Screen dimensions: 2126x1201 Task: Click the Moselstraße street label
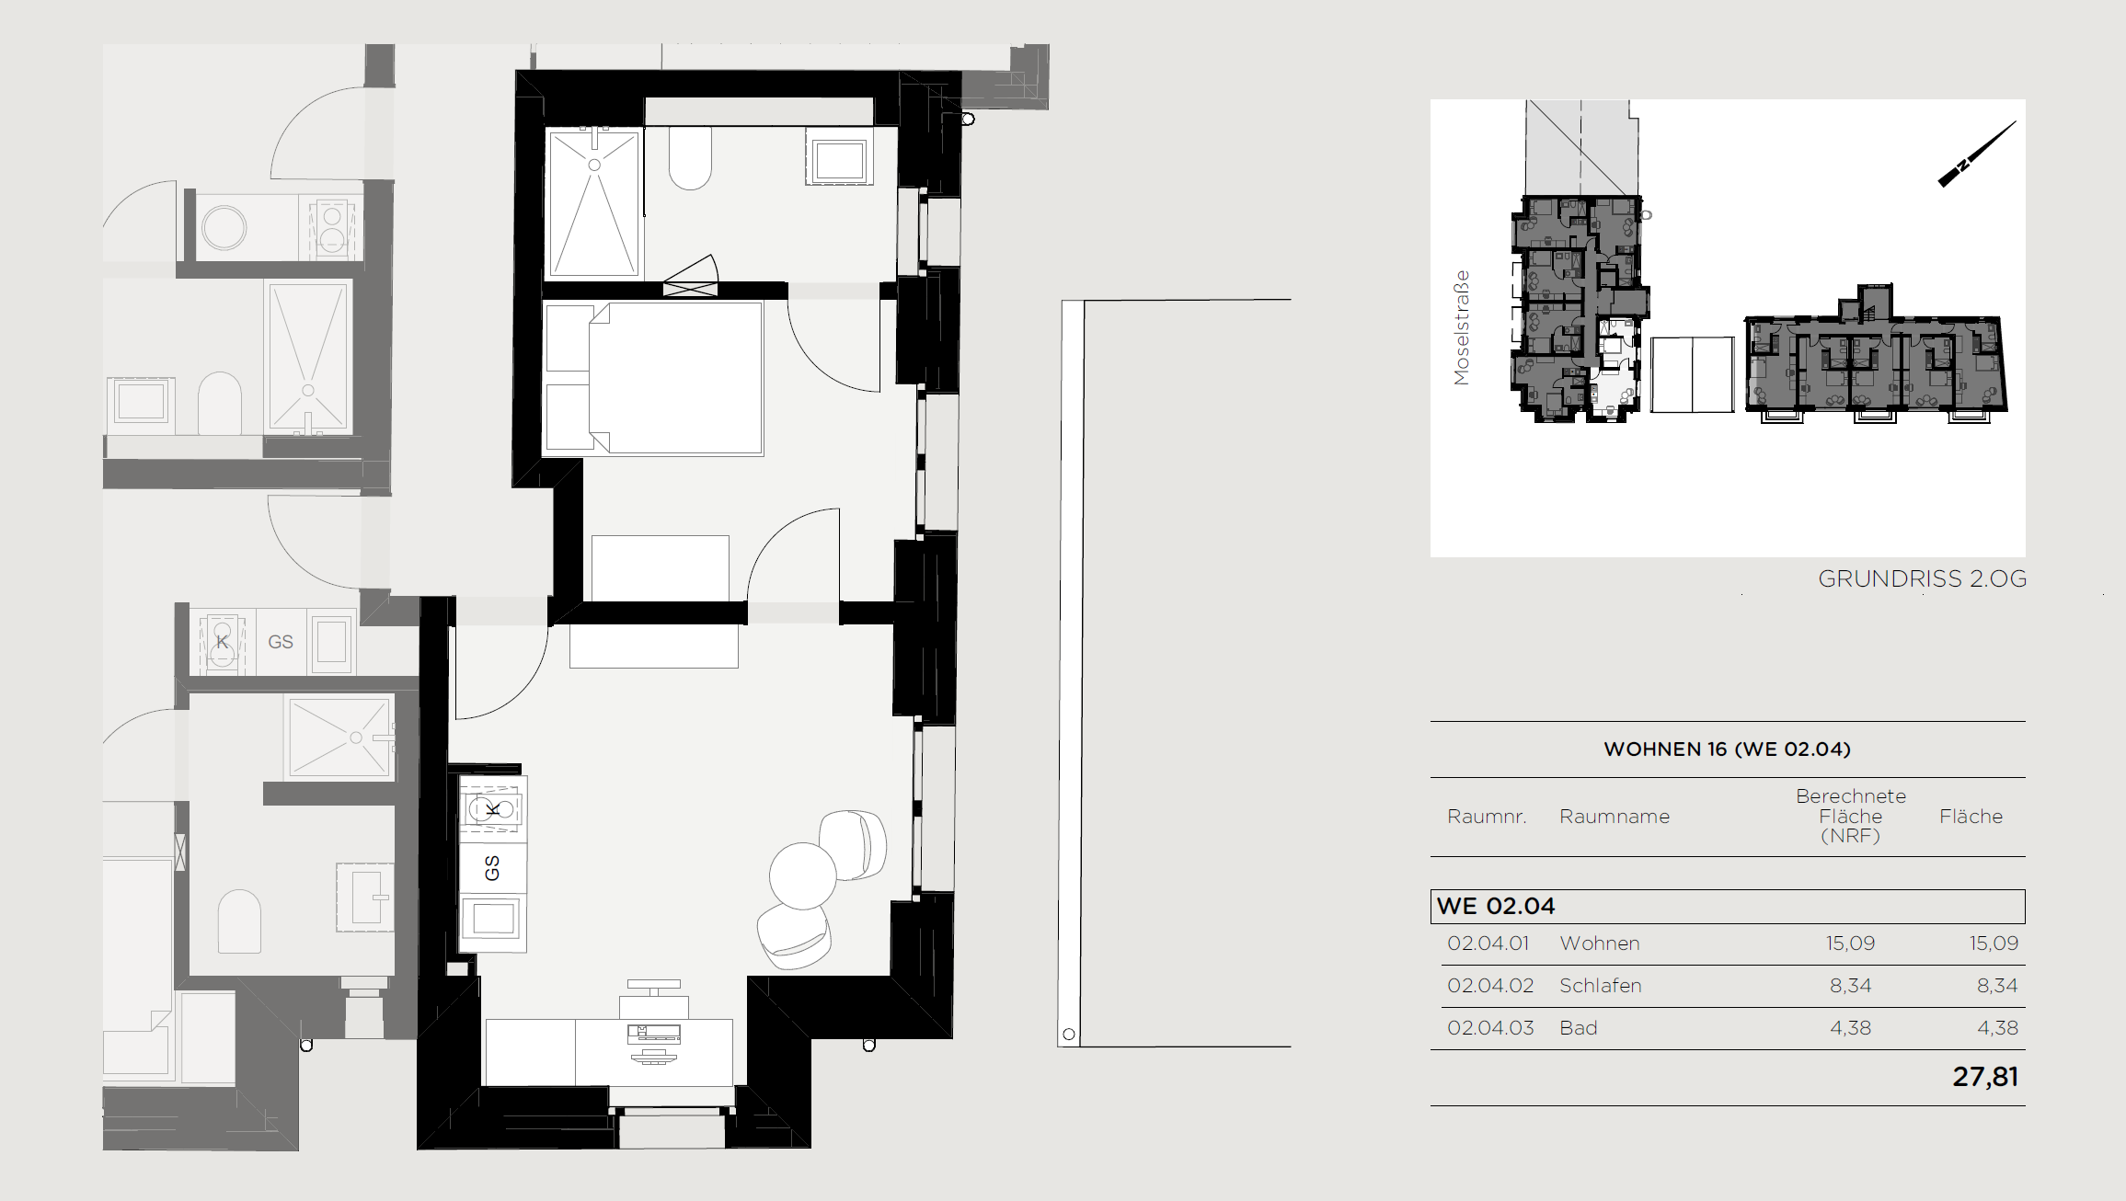(1461, 327)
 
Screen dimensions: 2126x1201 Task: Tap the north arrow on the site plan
(1977, 154)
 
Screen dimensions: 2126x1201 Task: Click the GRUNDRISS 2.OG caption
(1922, 578)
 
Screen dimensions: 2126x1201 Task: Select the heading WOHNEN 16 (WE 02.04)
(1727, 749)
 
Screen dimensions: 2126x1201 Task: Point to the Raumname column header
(1614, 817)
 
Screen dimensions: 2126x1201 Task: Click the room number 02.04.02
(1490, 986)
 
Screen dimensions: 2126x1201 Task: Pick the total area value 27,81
(1985, 1077)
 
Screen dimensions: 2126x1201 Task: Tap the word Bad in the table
(1578, 1028)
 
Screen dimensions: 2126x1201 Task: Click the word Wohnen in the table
(1599, 944)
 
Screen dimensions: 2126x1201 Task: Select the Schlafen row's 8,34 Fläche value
(1997, 986)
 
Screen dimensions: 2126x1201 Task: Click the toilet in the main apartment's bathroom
(690, 157)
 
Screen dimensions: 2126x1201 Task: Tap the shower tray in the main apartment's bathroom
(594, 202)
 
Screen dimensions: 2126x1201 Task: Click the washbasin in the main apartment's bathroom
(839, 156)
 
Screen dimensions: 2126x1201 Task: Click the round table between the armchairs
(802, 875)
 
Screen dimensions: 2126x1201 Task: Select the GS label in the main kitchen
(492, 868)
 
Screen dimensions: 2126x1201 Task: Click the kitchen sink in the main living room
(493, 918)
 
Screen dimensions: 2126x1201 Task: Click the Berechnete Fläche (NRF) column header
(1850, 816)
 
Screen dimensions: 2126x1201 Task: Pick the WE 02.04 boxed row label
(1496, 906)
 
